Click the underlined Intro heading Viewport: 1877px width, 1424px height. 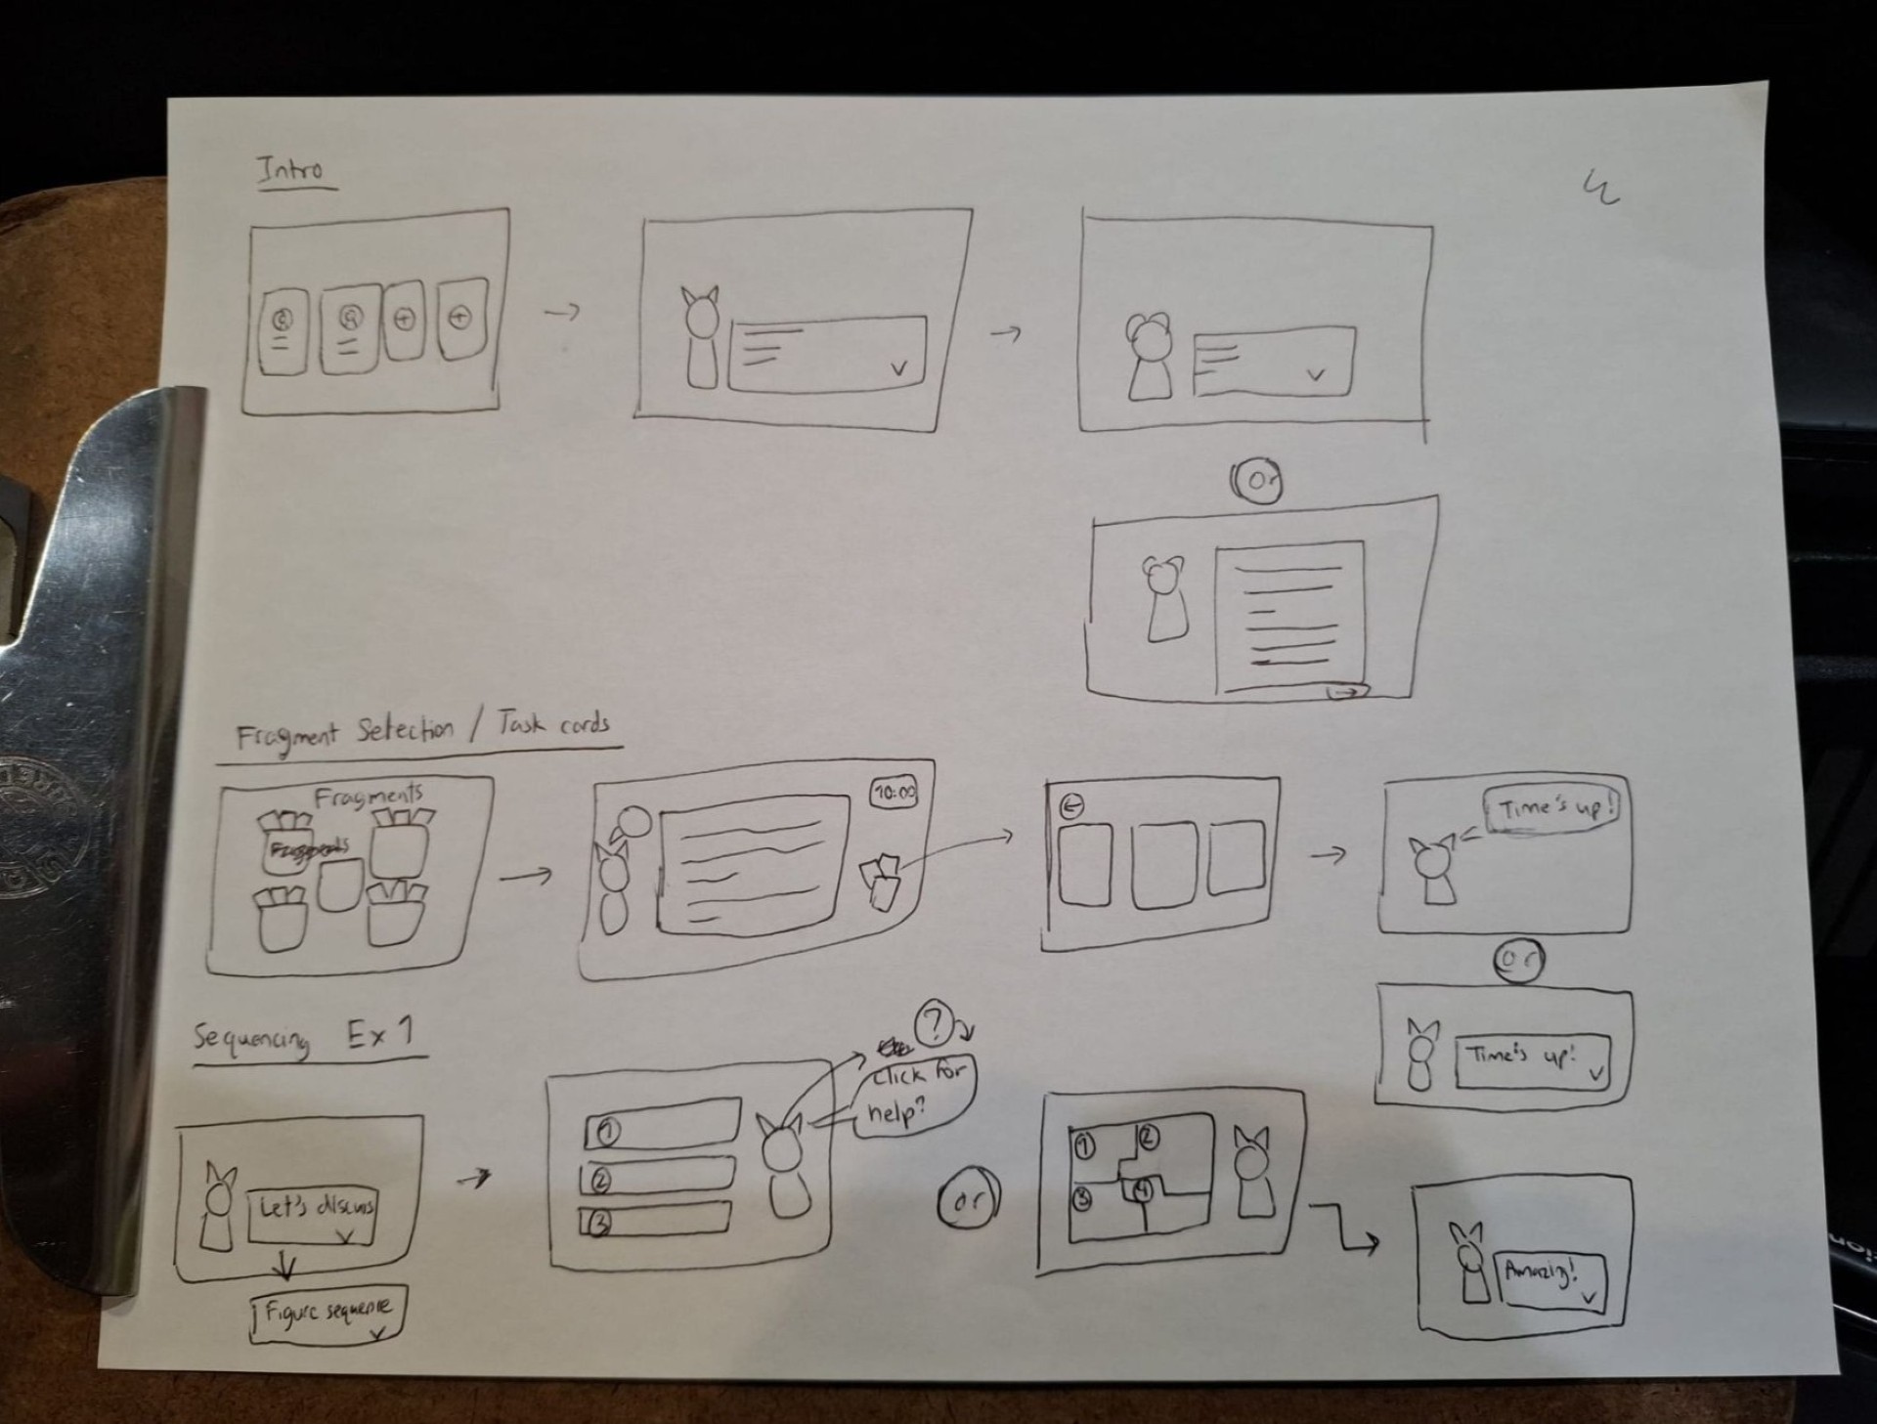coord(292,171)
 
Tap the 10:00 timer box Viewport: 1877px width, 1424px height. coord(894,794)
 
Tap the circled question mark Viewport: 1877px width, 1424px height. coord(934,1023)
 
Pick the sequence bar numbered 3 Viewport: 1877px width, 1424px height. coord(655,1220)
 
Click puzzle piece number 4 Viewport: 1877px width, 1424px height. coord(1142,1191)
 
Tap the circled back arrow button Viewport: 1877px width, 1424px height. coord(1071,805)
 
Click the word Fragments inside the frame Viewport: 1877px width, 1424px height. coord(368,797)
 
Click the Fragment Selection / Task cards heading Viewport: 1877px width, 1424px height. coord(423,731)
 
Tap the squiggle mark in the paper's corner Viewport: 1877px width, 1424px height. coord(1600,187)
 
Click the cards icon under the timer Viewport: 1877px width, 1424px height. coord(882,881)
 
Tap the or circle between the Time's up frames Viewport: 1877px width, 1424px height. coord(1518,961)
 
